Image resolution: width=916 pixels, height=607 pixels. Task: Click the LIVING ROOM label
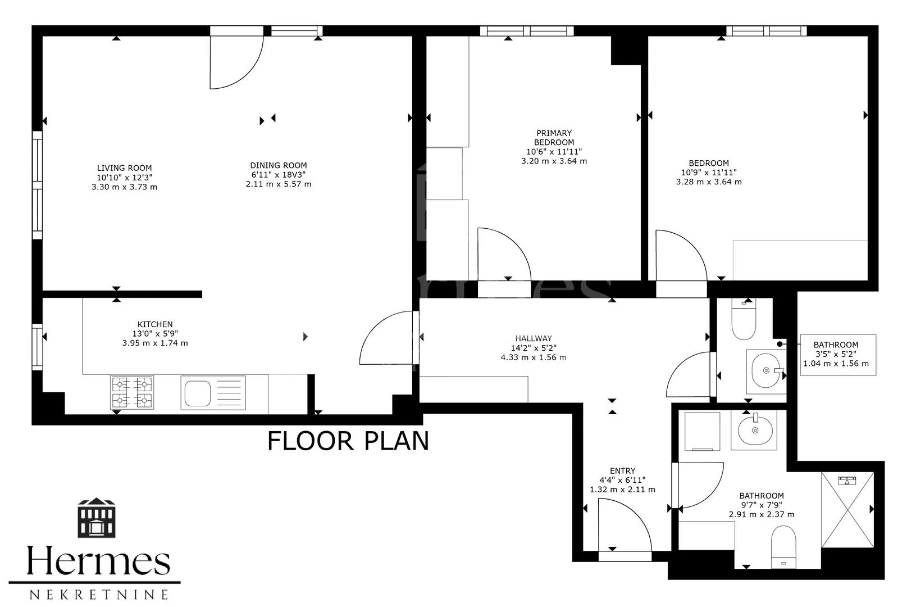(x=124, y=168)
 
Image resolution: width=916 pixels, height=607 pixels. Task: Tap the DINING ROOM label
(x=279, y=165)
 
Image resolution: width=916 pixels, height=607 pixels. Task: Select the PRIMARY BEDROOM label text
(x=554, y=138)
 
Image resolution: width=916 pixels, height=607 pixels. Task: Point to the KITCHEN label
(x=155, y=324)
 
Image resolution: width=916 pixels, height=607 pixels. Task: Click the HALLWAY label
(x=534, y=338)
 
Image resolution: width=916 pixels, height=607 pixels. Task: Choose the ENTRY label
(x=622, y=470)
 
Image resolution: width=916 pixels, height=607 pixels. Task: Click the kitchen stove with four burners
(x=132, y=392)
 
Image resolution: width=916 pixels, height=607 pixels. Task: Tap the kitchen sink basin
(x=198, y=393)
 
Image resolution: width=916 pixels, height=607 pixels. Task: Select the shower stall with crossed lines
(x=847, y=510)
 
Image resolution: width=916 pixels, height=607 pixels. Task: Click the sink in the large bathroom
(x=755, y=430)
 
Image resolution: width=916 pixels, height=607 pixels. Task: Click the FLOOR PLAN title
(x=348, y=441)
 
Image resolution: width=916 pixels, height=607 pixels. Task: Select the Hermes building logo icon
(x=97, y=518)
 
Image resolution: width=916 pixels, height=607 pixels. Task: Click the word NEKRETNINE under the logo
(x=98, y=594)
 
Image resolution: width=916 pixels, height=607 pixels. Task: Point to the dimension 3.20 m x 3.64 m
(x=554, y=161)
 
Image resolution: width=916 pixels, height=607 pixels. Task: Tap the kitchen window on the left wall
(x=37, y=347)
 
